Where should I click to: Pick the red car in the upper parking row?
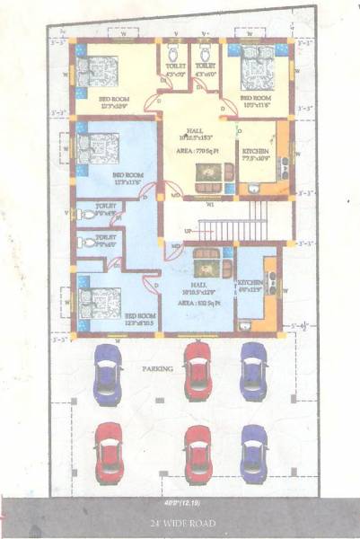[x=198, y=367]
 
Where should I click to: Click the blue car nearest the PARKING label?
[x=109, y=370]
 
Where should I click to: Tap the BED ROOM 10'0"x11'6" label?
[x=256, y=100]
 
